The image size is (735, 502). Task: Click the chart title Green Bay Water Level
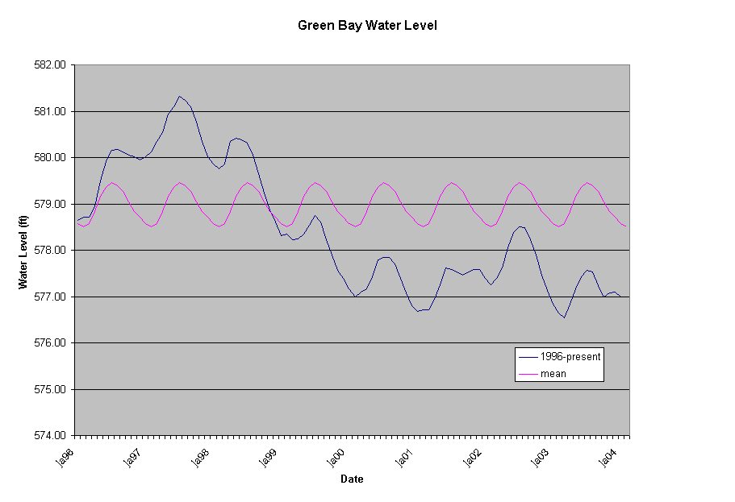pos(367,25)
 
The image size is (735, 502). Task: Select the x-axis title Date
pos(352,479)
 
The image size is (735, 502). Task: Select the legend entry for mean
pos(552,373)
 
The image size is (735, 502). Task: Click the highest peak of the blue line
pos(180,96)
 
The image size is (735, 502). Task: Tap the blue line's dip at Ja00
pos(355,297)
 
